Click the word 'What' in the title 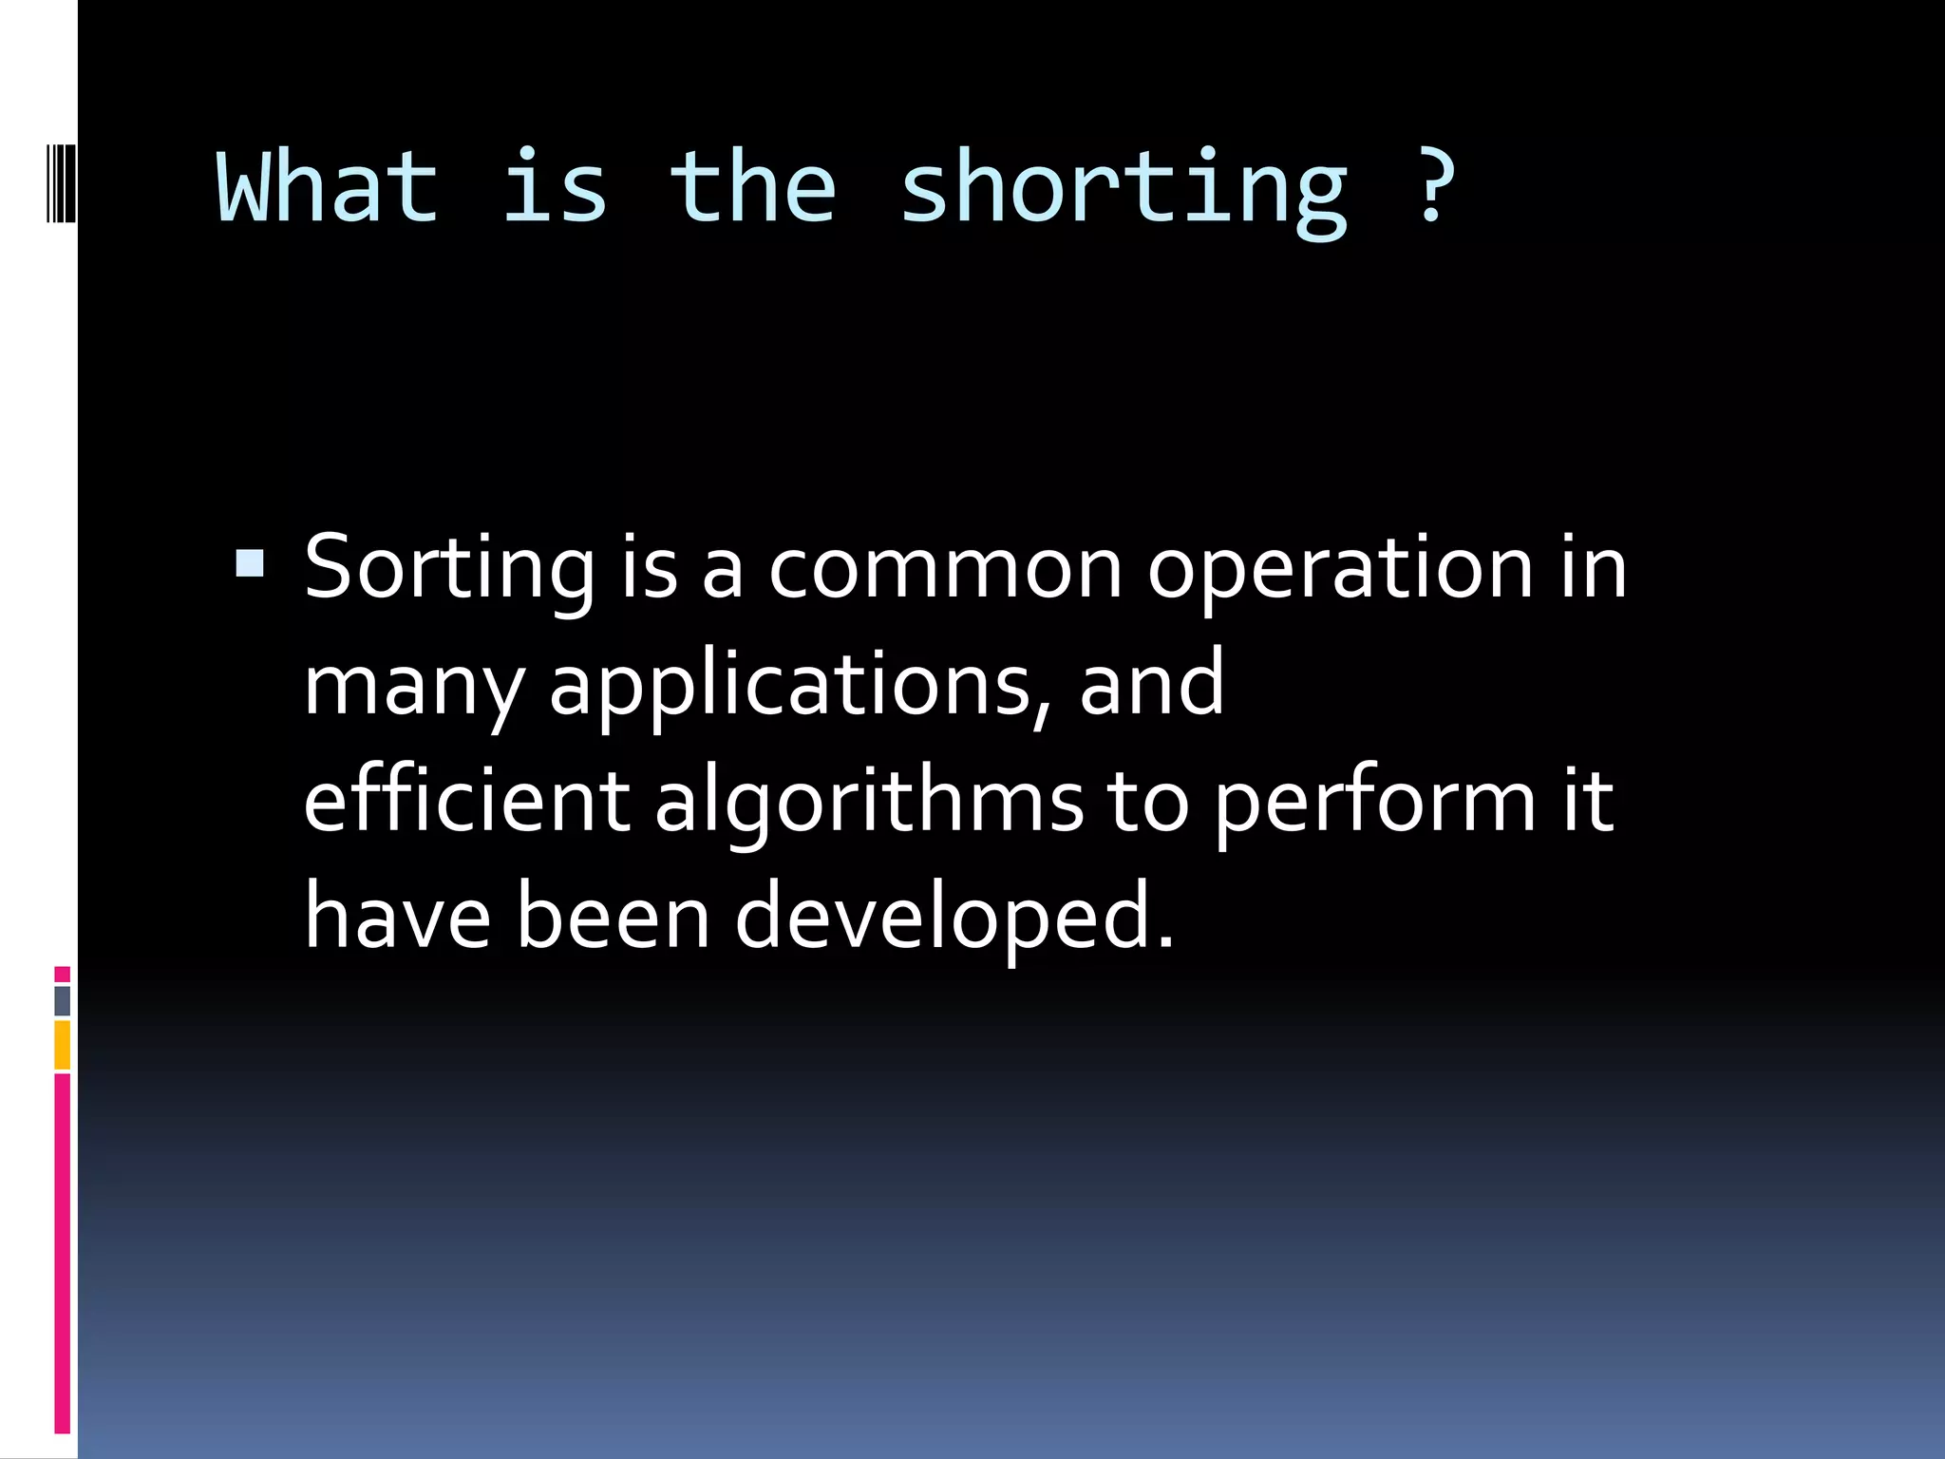pyautogui.click(x=328, y=187)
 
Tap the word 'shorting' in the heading pyautogui.click(x=1123, y=190)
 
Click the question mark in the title pyautogui.click(x=1433, y=185)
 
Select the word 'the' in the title pyautogui.click(x=752, y=187)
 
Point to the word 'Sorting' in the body pyautogui.click(x=449, y=570)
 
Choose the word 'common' pyautogui.click(x=945, y=570)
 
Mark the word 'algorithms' pyautogui.click(x=868, y=804)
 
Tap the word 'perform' pyautogui.click(x=1374, y=804)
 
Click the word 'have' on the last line pyautogui.click(x=397, y=916)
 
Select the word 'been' pyautogui.click(x=613, y=916)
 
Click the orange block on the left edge pyautogui.click(x=62, y=1045)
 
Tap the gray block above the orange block pyautogui.click(x=62, y=1000)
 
